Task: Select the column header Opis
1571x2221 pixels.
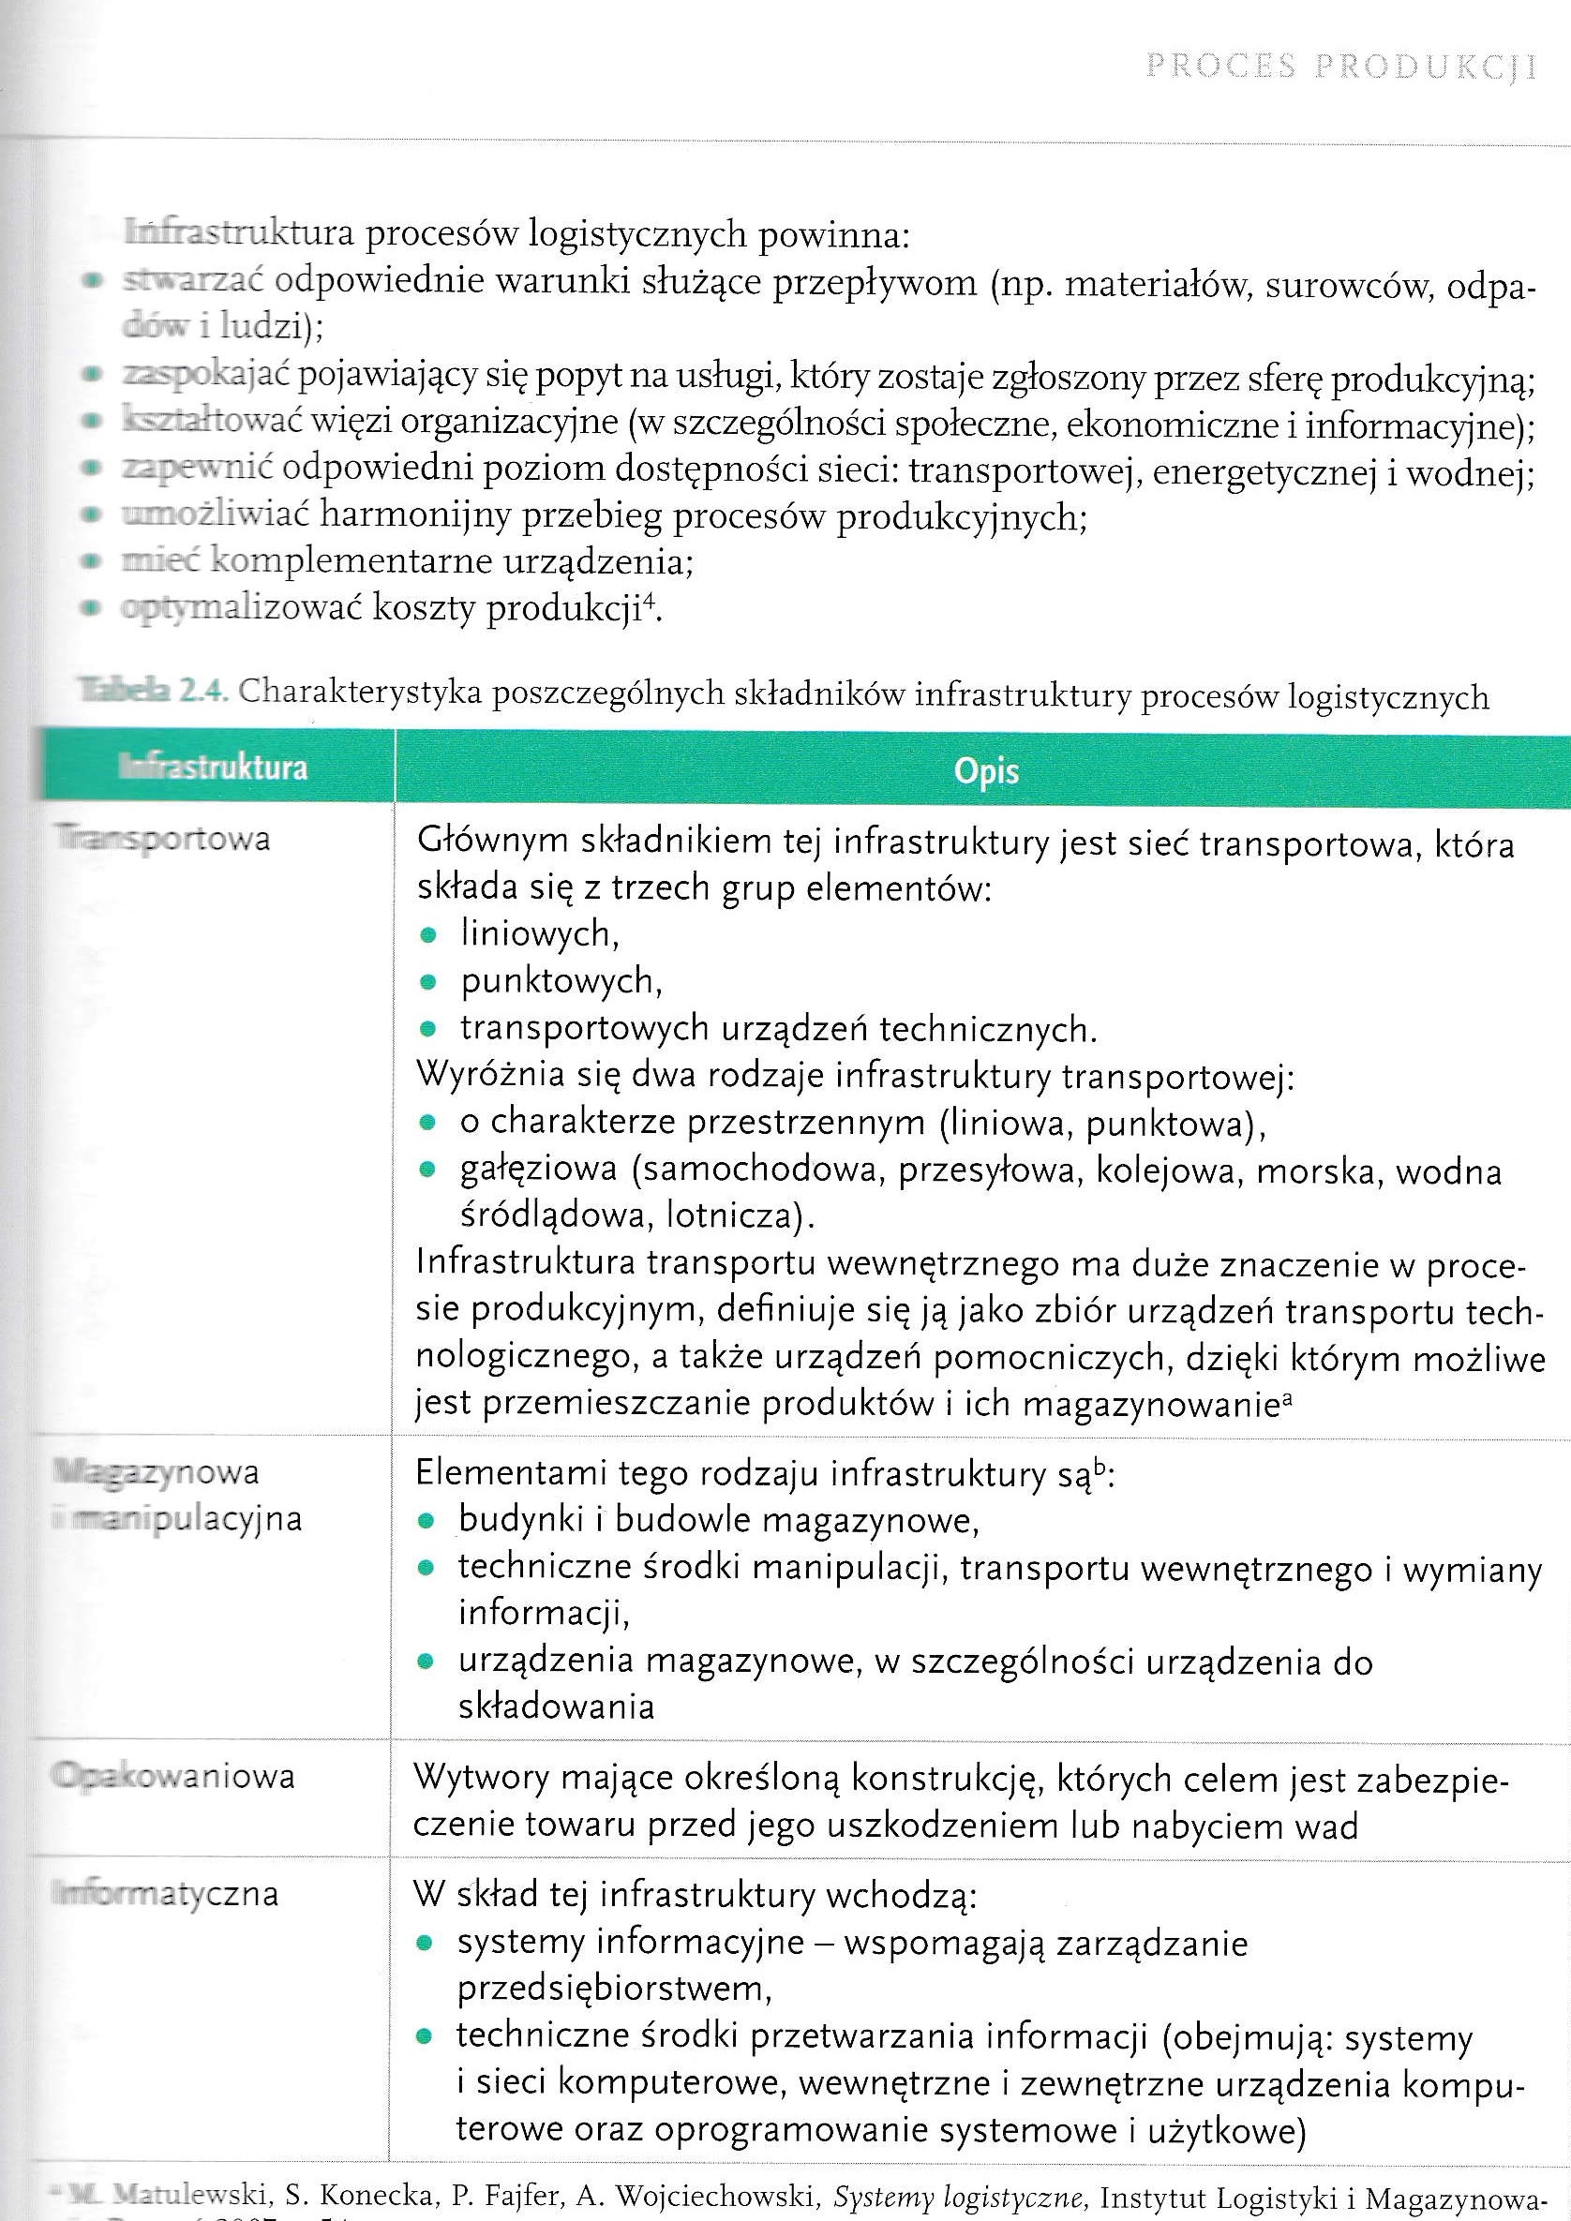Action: click(x=986, y=771)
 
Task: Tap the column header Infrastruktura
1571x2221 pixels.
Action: click(x=213, y=768)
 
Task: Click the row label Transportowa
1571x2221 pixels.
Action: click(x=162, y=838)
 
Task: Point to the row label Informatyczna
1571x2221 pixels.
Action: click(x=165, y=1893)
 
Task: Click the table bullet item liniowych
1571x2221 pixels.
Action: click(x=540, y=933)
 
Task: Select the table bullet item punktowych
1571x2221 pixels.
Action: click(x=561, y=981)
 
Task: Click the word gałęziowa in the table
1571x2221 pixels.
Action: click(x=538, y=1170)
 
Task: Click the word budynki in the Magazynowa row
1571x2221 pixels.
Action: click(x=516, y=1520)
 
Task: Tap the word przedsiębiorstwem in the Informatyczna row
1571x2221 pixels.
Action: click(x=614, y=1989)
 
